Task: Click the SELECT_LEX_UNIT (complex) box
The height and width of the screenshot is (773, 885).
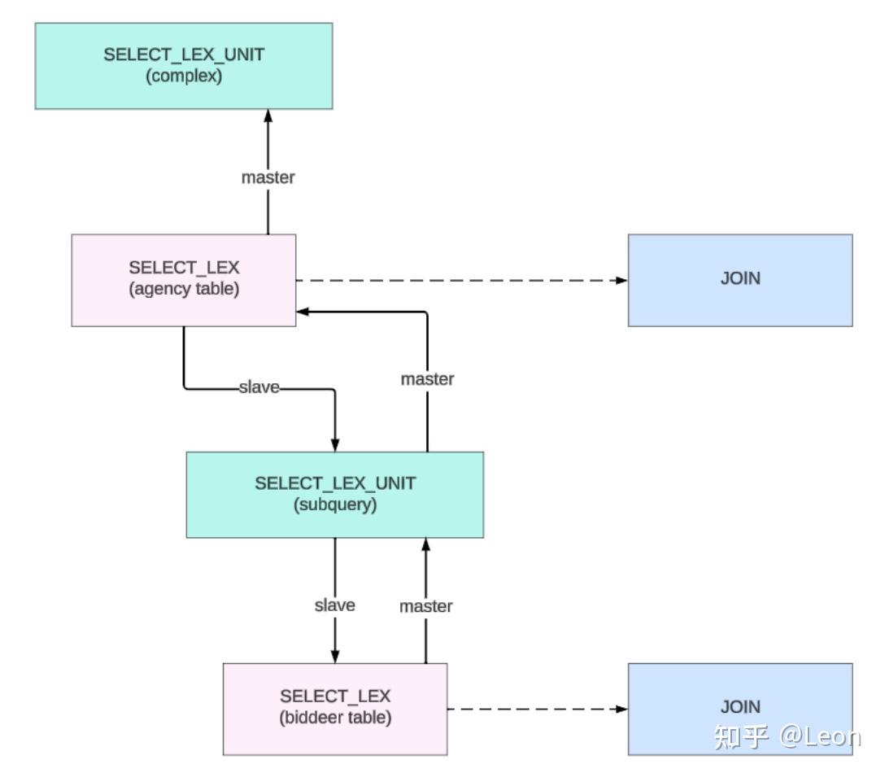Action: (184, 66)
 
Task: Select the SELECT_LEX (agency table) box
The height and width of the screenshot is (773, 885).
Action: (184, 280)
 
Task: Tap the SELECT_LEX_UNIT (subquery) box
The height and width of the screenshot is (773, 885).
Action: (335, 494)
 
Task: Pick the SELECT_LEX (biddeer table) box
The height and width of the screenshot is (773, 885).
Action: (335, 708)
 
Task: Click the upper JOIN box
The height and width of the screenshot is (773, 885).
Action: (740, 280)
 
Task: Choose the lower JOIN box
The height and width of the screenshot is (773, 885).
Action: (740, 708)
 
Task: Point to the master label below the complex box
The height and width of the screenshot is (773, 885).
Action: (268, 177)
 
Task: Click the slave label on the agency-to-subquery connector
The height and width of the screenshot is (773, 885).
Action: (259, 388)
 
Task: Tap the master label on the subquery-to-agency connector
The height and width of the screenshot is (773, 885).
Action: (427, 379)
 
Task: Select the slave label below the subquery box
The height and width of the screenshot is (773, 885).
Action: (335, 605)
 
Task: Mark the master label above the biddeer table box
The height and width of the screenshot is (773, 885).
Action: (425, 606)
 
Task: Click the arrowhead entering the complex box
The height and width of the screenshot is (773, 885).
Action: (268, 116)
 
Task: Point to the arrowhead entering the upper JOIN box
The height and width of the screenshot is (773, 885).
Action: (621, 280)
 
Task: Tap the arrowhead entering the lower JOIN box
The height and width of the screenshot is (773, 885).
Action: (621, 709)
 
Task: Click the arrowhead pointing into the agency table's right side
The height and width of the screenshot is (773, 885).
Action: (303, 312)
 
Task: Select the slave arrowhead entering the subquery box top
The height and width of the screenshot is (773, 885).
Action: (335, 445)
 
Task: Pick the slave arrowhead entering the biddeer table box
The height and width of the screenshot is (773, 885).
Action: (335, 657)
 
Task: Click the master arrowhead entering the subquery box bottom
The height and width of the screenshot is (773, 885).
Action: (425, 544)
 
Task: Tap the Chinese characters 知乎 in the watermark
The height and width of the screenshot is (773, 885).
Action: (741, 736)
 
